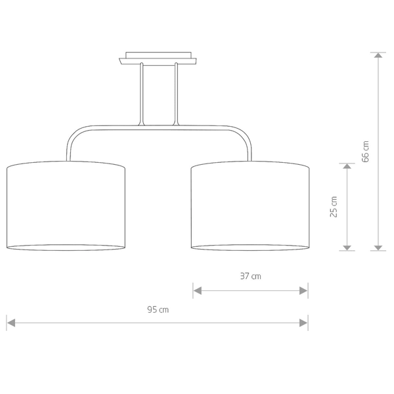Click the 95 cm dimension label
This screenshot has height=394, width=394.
click(x=158, y=309)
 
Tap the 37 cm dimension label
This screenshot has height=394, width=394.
click(x=251, y=276)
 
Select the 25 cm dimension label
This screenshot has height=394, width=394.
click(x=334, y=207)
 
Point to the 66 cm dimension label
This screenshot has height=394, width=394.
click(x=365, y=152)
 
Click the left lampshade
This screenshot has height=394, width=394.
click(x=66, y=206)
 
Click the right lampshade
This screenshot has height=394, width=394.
click(x=250, y=206)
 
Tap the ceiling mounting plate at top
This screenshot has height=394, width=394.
click(x=158, y=58)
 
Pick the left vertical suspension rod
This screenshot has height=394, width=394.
click(x=141, y=94)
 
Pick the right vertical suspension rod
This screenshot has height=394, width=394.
click(x=176, y=94)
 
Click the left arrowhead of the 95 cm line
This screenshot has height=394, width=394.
click(x=11, y=323)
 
